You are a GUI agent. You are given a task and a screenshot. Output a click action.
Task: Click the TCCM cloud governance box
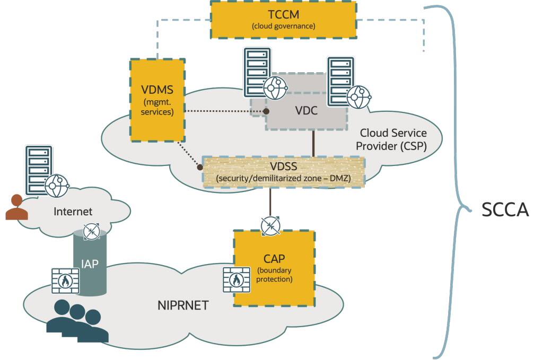coord(283,20)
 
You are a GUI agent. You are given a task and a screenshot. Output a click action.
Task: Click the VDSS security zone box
coord(285,172)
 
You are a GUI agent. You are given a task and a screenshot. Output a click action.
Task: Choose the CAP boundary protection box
coord(274,268)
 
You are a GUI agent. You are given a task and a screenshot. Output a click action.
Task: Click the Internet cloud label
coord(73,212)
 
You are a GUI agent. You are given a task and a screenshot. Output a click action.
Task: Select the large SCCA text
coord(505,210)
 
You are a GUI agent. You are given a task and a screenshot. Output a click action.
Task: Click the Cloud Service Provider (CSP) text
coord(392,139)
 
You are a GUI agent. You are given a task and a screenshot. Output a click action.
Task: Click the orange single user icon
coord(15,207)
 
